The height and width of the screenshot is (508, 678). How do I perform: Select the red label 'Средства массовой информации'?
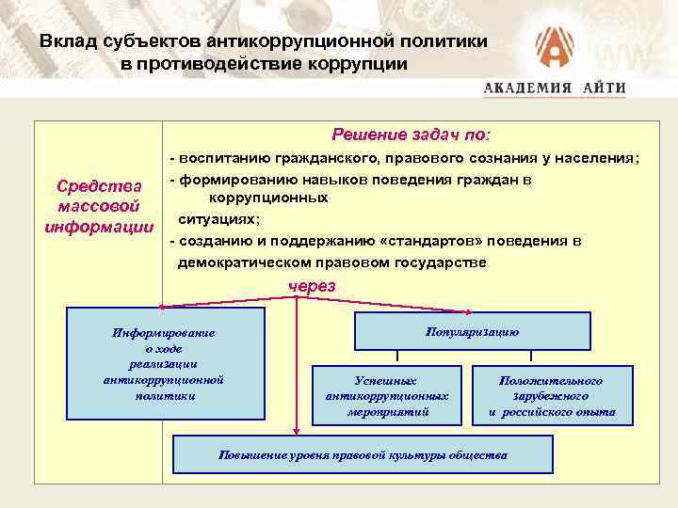click(x=99, y=206)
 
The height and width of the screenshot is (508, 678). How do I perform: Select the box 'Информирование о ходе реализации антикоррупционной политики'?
click(x=162, y=363)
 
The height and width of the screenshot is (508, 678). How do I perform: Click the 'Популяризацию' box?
click(x=472, y=332)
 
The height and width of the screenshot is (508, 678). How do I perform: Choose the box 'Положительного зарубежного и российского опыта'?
click(x=552, y=396)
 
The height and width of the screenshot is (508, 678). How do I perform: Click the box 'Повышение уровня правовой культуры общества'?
click(x=363, y=454)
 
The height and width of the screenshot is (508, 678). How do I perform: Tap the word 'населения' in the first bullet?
click(x=600, y=159)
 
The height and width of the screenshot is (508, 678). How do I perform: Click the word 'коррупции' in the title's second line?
click(x=363, y=64)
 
